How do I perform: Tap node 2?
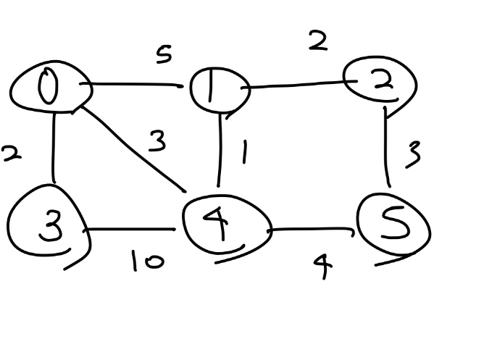380,83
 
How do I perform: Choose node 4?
225,225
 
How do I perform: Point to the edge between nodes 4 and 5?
312,231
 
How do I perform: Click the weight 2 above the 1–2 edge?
317,41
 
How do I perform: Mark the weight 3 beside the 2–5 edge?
414,154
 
